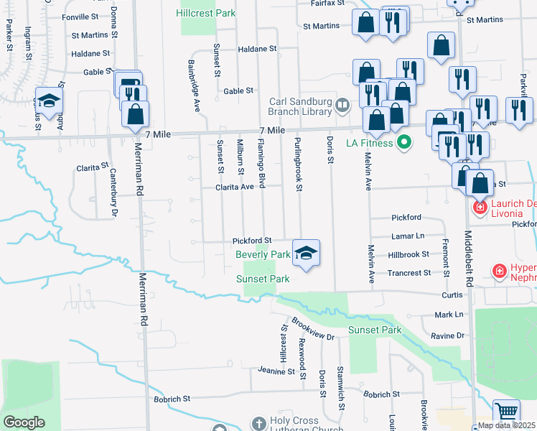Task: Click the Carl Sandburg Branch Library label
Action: pyautogui.click(x=300, y=106)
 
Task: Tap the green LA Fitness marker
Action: pyautogui.click(x=403, y=142)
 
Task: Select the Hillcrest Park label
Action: pyautogui.click(x=198, y=13)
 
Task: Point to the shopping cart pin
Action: pyautogui.click(x=507, y=413)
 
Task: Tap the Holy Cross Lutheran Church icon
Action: pyautogui.click(x=258, y=422)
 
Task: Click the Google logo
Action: pyautogui.click(x=24, y=422)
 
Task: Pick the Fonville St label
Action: pyautogui.click(x=80, y=16)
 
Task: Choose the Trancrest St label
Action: pyautogui.click(x=408, y=273)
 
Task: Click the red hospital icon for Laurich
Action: pyautogui.click(x=479, y=208)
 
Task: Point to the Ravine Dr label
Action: pyautogui.click(x=449, y=335)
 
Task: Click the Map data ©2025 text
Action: pyautogui.click(x=505, y=425)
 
